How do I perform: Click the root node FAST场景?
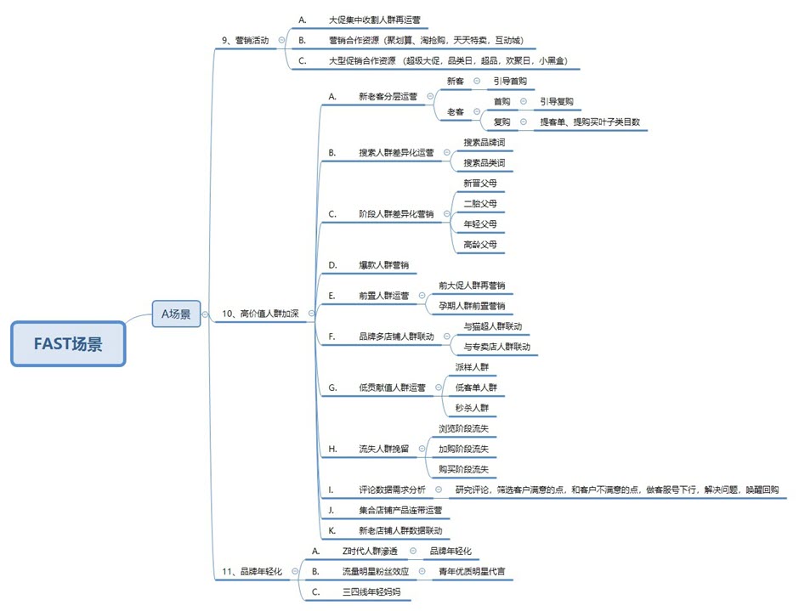pos(68,344)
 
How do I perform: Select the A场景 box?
pos(176,314)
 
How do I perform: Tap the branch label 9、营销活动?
pos(243,40)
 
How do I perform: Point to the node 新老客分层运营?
pos(388,96)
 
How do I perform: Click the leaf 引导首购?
pos(510,81)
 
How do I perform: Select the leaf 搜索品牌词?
pos(484,143)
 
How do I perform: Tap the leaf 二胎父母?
pos(480,203)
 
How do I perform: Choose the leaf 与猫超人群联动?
pos(493,325)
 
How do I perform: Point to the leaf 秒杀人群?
pos(472,407)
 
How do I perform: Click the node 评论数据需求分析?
pos(392,489)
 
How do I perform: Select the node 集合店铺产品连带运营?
pos(400,511)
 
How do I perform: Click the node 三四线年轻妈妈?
pos(371,591)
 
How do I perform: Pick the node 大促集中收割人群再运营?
pos(374,19)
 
